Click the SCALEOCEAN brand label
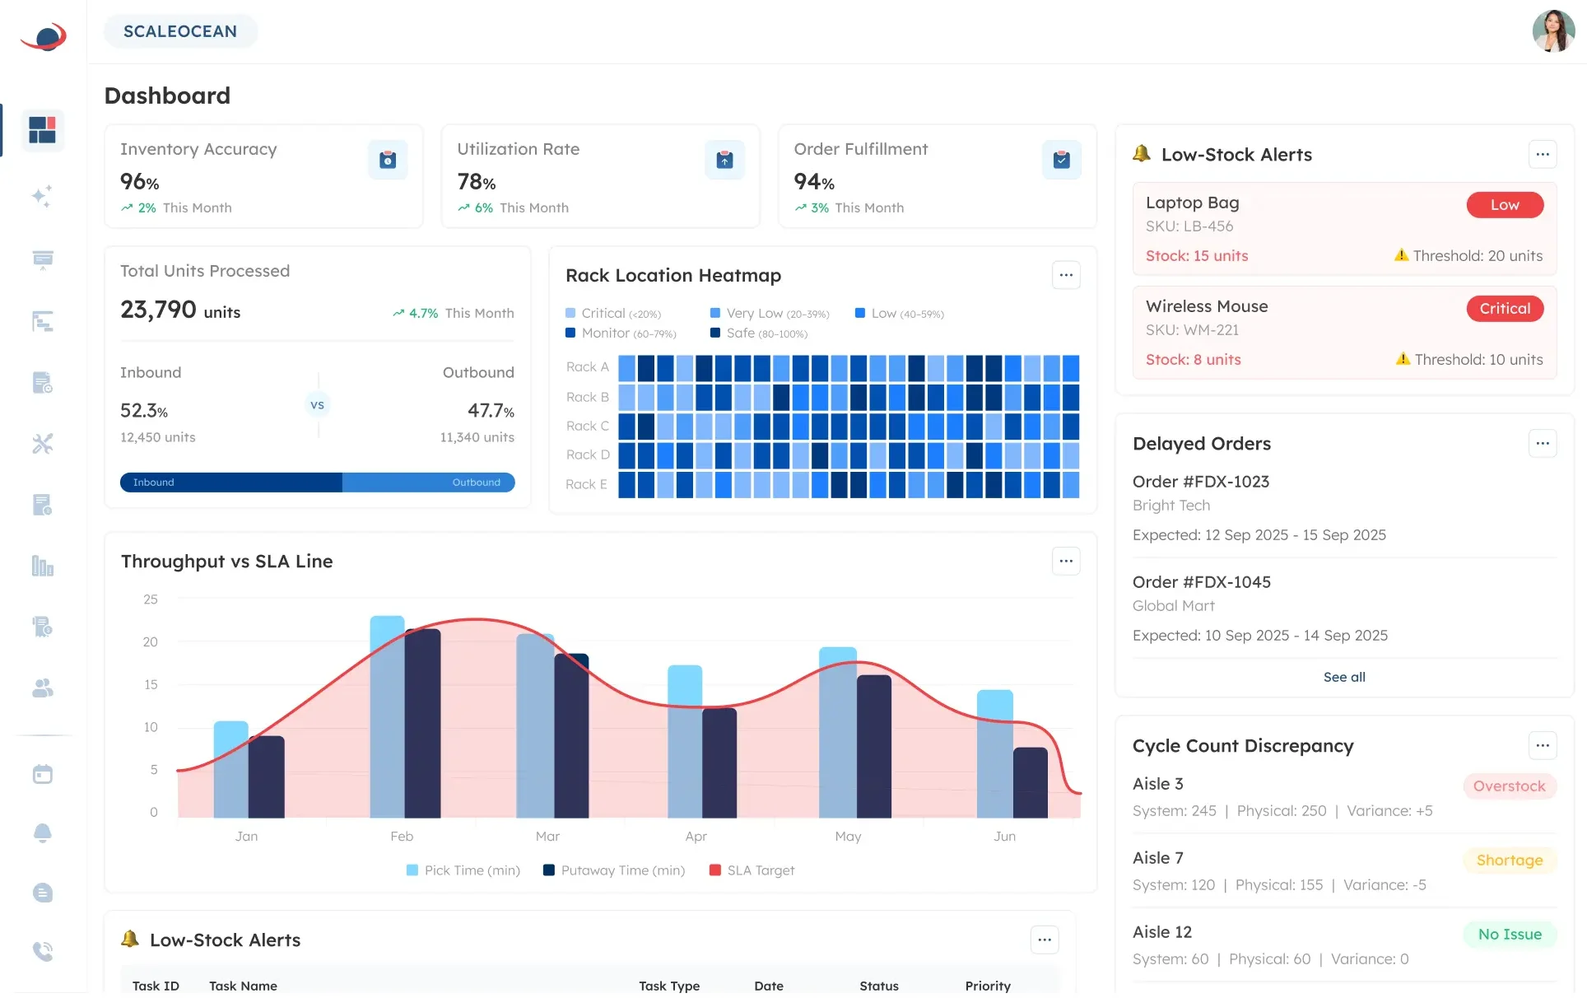coord(180,31)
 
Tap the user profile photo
coord(1552,31)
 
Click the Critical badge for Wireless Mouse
coord(1504,309)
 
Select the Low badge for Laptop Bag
coord(1504,205)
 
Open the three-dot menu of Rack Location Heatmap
coord(1065,275)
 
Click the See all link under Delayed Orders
coord(1343,677)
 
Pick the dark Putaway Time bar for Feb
coord(423,723)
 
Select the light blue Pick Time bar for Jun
coord(994,753)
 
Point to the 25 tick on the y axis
coord(151,599)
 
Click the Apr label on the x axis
coord(696,836)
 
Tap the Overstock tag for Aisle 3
coord(1509,786)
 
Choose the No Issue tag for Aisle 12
coord(1509,935)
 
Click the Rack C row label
coord(587,426)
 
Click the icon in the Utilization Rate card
coord(724,160)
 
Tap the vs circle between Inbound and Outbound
coord(317,405)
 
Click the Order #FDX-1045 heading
coord(1201,582)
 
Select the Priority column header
coord(987,986)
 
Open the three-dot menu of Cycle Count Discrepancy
coord(1542,745)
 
